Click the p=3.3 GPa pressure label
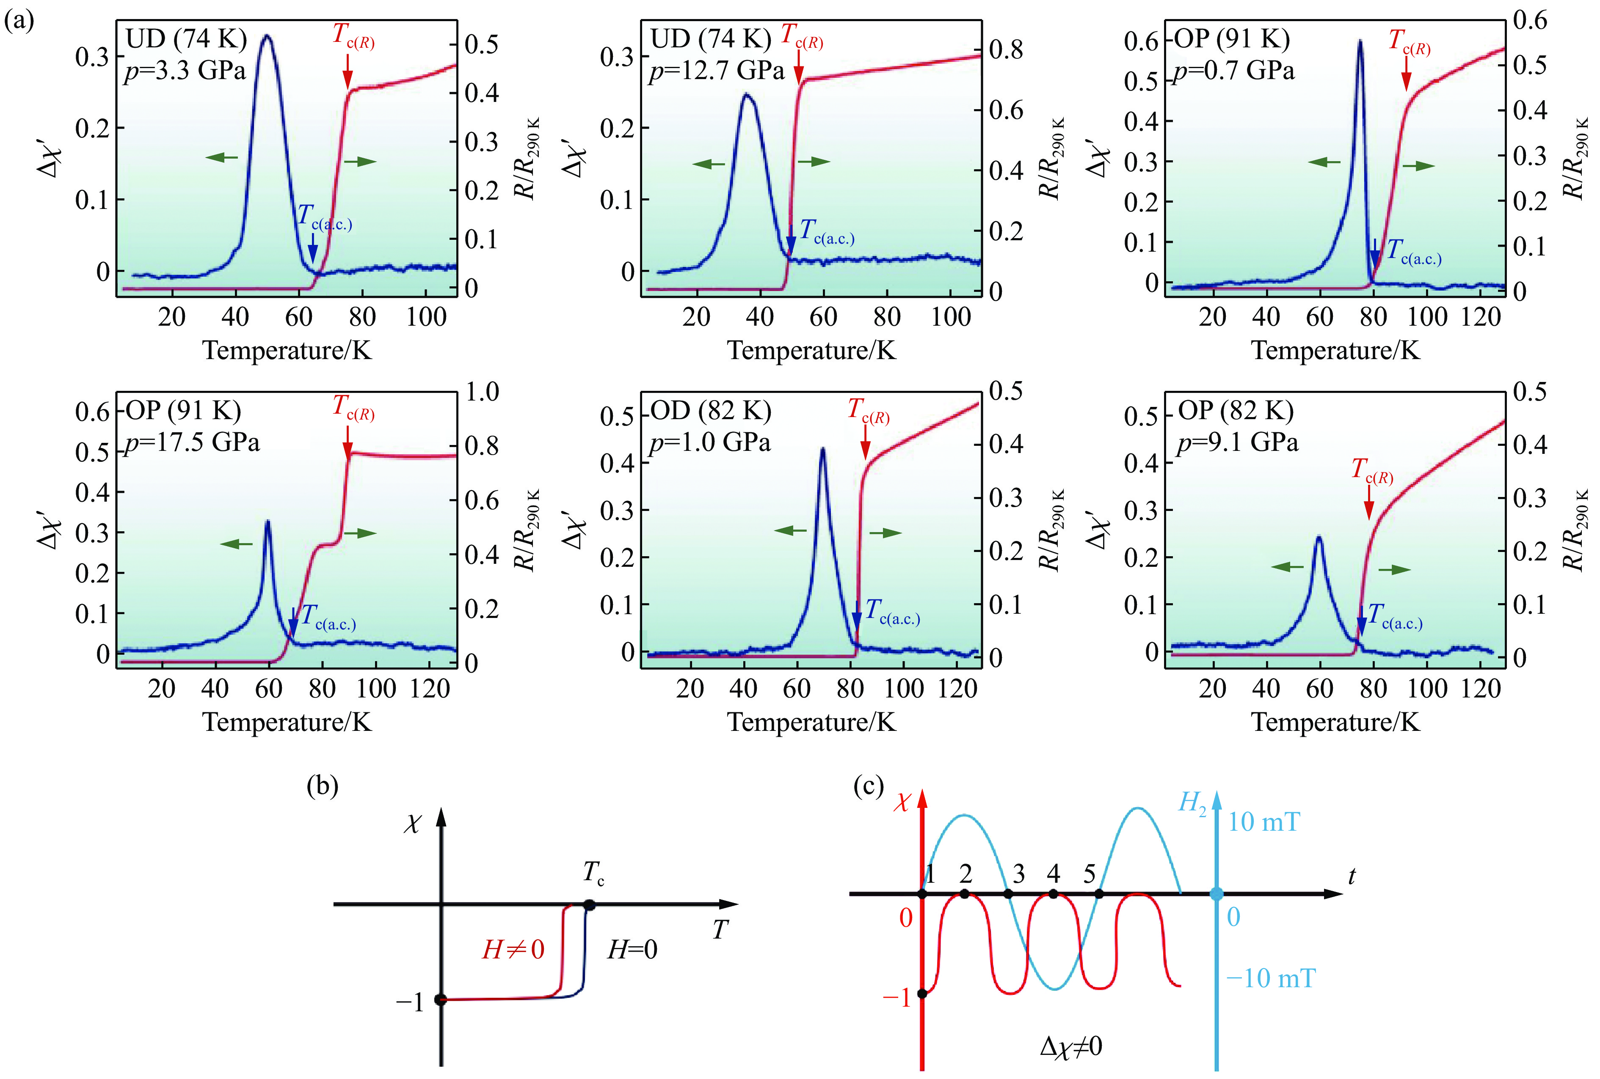[x=185, y=71]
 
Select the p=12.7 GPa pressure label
[x=716, y=71]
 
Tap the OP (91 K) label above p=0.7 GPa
[x=1232, y=39]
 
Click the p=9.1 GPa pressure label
[x=1237, y=442]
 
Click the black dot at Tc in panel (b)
[x=589, y=905]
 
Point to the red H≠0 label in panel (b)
[x=513, y=950]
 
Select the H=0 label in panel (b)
[x=632, y=950]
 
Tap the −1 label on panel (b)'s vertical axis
[x=409, y=1002]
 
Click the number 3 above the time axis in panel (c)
[x=1018, y=875]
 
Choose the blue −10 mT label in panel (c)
[x=1270, y=978]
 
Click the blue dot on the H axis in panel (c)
[x=1217, y=894]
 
